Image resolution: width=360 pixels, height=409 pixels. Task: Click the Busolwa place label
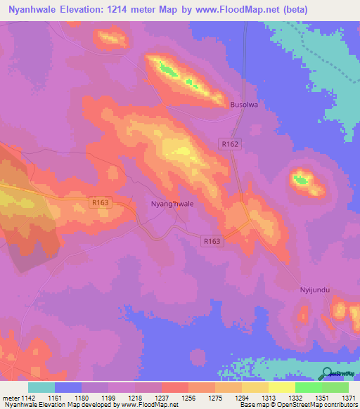tap(245, 105)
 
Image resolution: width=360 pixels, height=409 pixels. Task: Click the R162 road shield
tap(230, 144)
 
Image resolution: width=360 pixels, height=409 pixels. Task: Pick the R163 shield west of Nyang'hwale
tap(101, 202)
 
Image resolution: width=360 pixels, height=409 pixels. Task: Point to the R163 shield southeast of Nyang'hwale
tap(212, 241)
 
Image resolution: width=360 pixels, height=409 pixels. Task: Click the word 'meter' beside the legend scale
tap(11, 398)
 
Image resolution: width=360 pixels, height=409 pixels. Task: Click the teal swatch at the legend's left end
tap(41, 387)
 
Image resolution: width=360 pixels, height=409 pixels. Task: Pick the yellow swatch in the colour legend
tap(281, 387)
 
